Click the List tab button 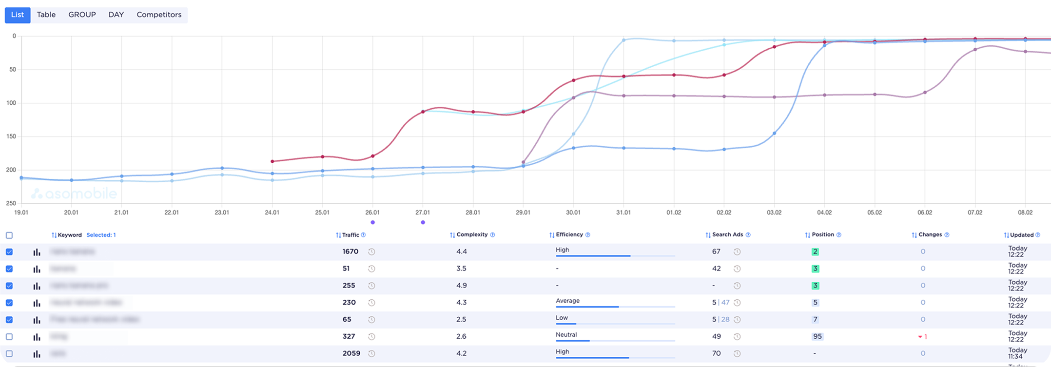[x=18, y=15]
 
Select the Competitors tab [x=159, y=15]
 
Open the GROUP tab [x=82, y=15]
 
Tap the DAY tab [x=116, y=15]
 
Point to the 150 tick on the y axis [x=11, y=136]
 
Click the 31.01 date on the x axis [x=623, y=212]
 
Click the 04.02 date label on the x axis [x=824, y=212]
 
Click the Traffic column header [x=350, y=235]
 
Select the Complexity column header [x=472, y=235]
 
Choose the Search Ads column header [x=727, y=235]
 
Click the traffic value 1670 [x=350, y=251]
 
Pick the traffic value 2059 [x=351, y=353]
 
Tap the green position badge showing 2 [x=815, y=252]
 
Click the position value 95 [x=817, y=336]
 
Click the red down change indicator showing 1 [x=922, y=337]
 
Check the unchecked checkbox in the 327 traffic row [x=9, y=337]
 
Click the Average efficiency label [x=567, y=301]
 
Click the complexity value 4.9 [x=461, y=286]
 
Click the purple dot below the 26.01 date [x=372, y=222]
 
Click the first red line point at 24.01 [x=272, y=161]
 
